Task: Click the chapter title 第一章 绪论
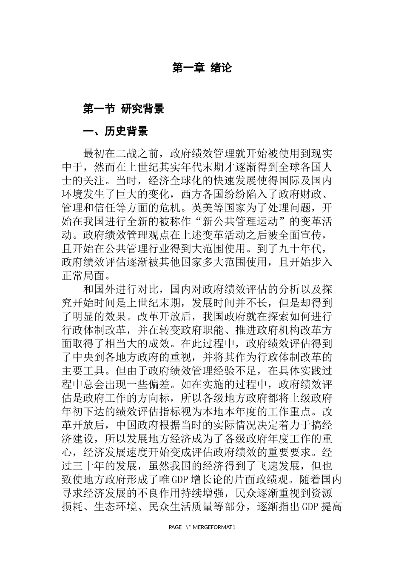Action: click(x=202, y=68)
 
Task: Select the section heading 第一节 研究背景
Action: click(x=123, y=109)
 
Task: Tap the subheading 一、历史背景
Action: click(x=115, y=131)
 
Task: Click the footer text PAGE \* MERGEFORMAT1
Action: click(x=202, y=527)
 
